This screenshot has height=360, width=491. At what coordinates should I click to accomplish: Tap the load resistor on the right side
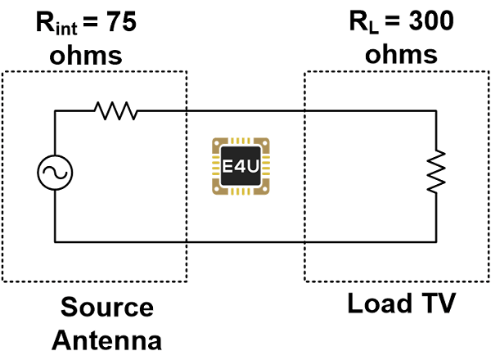pyautogui.click(x=436, y=172)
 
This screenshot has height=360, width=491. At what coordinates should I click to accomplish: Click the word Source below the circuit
pyautogui.click(x=108, y=308)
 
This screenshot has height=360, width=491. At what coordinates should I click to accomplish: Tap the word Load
pyautogui.click(x=379, y=305)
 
